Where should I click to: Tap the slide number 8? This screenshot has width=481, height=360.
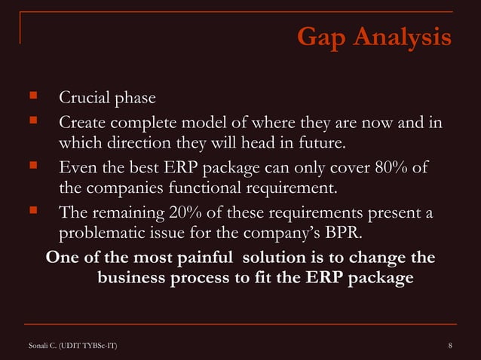(449, 345)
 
